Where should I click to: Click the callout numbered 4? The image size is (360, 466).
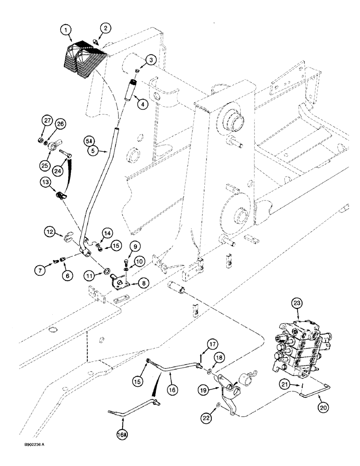[143, 104]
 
